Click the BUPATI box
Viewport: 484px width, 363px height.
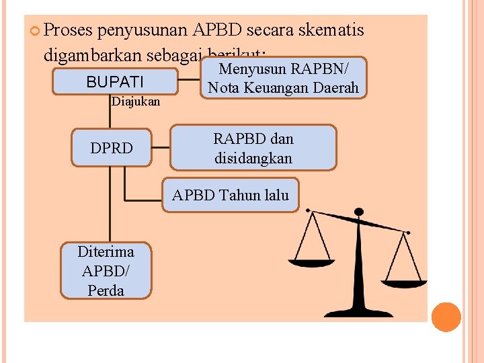(115, 81)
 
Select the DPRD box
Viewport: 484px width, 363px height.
(112, 147)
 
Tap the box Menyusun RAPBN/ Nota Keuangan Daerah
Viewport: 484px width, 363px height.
(283, 78)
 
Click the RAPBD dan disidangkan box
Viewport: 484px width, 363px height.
(253, 148)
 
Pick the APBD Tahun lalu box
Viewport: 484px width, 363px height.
(231, 196)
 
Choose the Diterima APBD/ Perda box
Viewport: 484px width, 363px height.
(106, 271)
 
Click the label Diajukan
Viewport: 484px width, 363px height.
(136, 102)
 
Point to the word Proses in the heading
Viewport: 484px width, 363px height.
(69, 30)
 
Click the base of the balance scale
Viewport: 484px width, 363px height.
(358, 311)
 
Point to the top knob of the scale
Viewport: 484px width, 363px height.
(359, 212)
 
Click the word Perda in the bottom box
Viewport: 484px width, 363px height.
(106, 290)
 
